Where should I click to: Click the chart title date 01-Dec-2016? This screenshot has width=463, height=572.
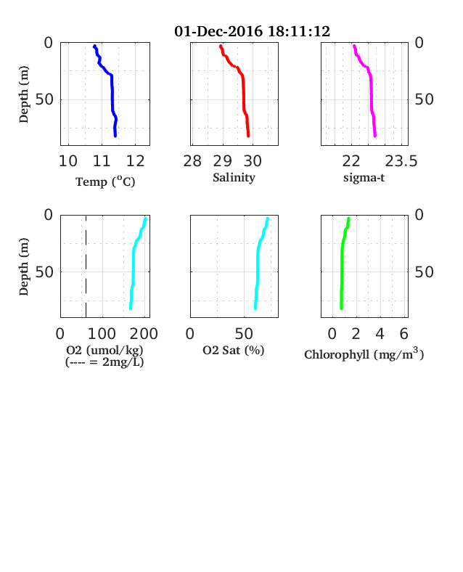(x=218, y=31)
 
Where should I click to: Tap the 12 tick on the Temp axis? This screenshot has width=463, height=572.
(x=135, y=161)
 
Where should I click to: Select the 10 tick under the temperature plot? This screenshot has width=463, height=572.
(x=68, y=161)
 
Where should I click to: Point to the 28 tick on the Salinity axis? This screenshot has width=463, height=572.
(x=192, y=161)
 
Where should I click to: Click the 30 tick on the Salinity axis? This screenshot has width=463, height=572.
(x=253, y=161)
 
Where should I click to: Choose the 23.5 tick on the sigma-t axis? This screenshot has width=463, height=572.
(x=401, y=161)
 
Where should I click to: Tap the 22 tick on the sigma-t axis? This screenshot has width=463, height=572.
(x=351, y=161)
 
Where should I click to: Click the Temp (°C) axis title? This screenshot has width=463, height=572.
(x=105, y=181)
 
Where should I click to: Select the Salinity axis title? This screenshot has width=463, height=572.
(x=234, y=178)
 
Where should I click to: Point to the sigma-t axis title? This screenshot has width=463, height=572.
(x=364, y=178)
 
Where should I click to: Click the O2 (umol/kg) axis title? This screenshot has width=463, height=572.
(x=105, y=350)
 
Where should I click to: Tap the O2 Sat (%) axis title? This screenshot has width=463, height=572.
(x=234, y=350)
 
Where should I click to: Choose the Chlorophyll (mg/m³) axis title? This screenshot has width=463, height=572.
(x=364, y=354)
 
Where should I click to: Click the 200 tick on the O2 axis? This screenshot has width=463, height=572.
(x=144, y=334)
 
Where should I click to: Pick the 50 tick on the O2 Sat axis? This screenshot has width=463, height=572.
(x=244, y=334)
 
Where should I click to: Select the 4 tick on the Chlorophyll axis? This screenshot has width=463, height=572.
(x=380, y=334)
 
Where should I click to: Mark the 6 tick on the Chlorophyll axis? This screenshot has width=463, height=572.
(x=404, y=334)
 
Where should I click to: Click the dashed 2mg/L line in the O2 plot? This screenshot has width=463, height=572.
(x=86, y=266)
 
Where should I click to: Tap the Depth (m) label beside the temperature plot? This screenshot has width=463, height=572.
(x=24, y=94)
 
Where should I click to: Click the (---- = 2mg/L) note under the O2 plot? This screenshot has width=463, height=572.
(x=105, y=362)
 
